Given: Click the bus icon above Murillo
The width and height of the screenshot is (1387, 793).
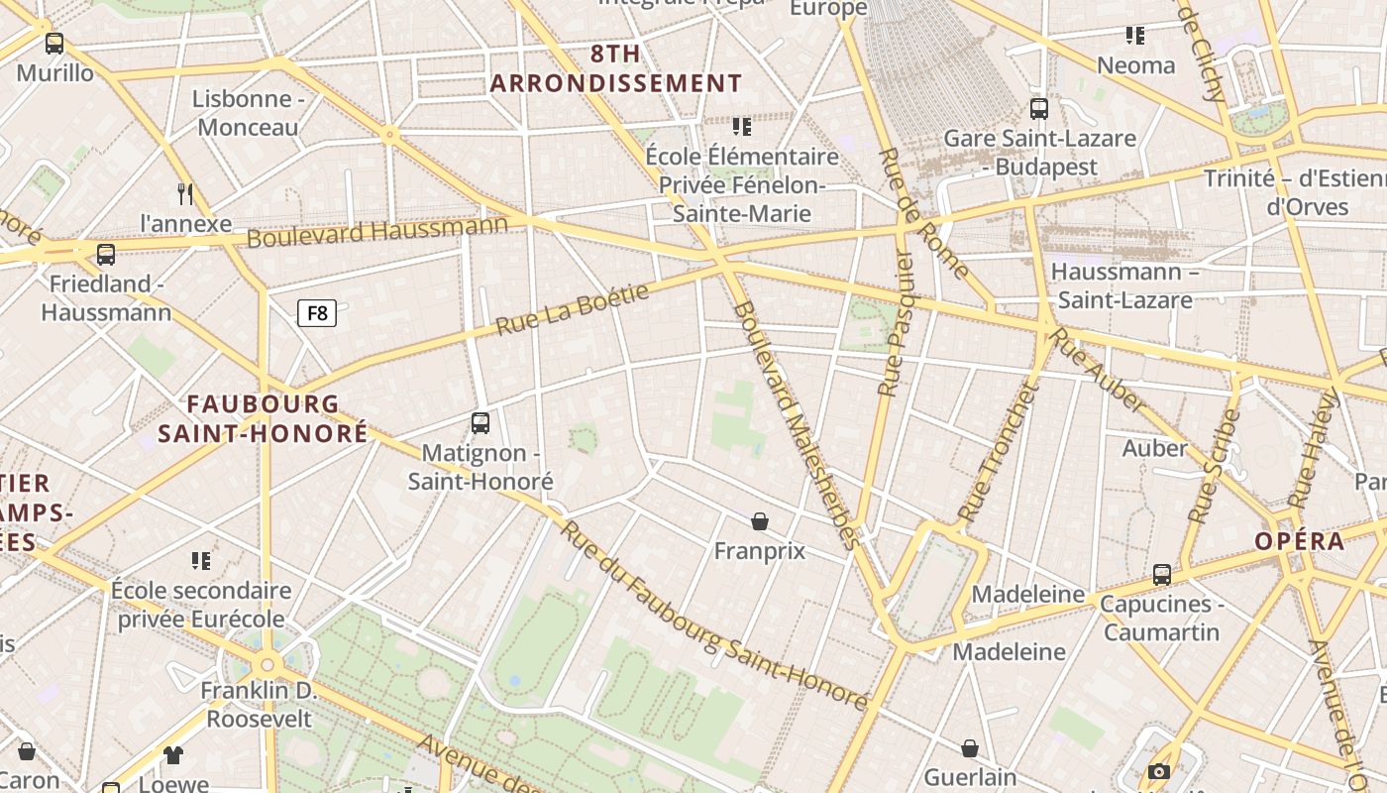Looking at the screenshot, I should [x=54, y=44].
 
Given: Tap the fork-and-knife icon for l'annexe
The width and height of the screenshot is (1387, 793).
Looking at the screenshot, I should [x=184, y=192].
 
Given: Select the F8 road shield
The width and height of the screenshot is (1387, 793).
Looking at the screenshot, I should [x=317, y=314].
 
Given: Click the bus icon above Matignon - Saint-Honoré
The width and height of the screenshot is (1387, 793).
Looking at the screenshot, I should [x=480, y=423].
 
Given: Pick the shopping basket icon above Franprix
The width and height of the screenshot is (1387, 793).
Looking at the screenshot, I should [x=760, y=521].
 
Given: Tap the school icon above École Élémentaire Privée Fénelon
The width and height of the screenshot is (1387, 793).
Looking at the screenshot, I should [x=742, y=127].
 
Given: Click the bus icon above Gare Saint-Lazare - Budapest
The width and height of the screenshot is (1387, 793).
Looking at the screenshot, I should [x=1038, y=109].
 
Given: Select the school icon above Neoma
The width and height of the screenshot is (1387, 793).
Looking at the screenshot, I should [x=1135, y=37].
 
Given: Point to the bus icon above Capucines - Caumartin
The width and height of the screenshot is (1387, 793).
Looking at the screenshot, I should [x=1161, y=575].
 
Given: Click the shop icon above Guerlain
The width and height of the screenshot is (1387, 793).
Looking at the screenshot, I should [x=970, y=748].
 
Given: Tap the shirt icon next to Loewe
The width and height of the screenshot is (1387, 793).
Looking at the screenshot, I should [x=173, y=755].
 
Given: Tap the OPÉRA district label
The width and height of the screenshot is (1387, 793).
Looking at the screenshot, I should [x=1300, y=541].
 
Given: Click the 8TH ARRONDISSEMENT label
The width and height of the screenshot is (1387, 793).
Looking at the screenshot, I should [x=616, y=69].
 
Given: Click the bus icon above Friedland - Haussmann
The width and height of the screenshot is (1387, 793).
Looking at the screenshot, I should [x=106, y=255].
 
